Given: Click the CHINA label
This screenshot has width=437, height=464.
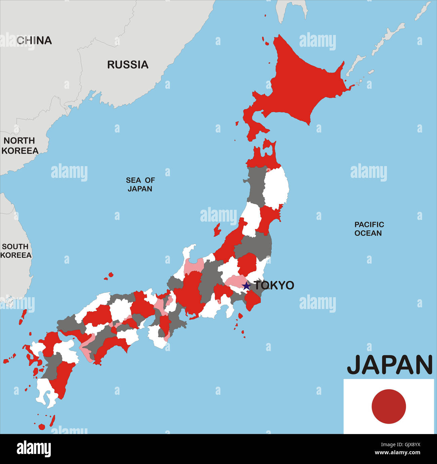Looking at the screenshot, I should [34, 40].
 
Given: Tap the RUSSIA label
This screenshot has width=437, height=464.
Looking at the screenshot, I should [128, 65].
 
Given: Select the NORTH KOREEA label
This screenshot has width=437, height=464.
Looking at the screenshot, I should [19, 146].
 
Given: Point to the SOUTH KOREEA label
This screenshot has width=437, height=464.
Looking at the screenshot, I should [16, 251].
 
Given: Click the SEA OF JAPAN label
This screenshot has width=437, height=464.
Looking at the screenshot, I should [140, 185].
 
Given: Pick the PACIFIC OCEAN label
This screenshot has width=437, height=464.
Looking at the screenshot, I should [369, 229].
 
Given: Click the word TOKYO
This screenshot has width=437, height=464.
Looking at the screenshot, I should [274, 285].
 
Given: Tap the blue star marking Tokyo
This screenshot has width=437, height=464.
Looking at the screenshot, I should [246, 286].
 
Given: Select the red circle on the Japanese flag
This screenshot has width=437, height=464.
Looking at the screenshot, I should [389, 406].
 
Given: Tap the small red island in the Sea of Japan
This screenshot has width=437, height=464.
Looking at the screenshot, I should [217, 230].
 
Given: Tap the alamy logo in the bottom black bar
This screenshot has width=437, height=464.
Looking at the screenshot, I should [34, 449].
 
